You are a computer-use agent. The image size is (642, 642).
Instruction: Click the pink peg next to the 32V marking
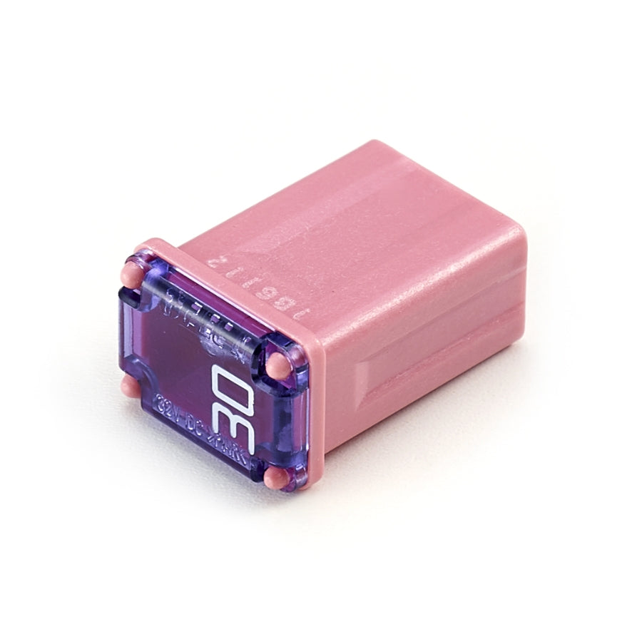click(128, 387)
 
